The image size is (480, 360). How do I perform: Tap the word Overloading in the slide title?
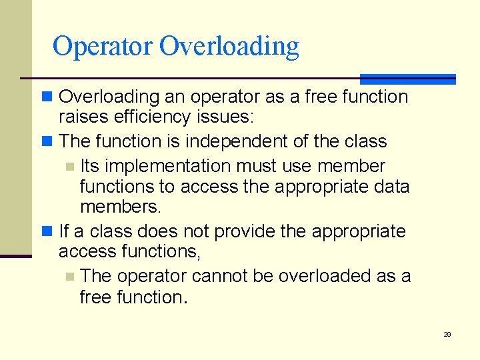[x=229, y=47]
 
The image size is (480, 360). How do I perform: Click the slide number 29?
[x=447, y=334]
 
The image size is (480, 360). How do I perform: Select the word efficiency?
[x=147, y=117]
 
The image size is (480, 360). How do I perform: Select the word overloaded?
[x=325, y=276]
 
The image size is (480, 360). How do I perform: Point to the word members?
[x=120, y=207]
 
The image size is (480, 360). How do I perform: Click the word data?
[x=390, y=187]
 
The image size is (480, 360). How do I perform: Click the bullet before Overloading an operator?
[x=47, y=97]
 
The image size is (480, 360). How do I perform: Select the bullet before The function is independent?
[x=47, y=142]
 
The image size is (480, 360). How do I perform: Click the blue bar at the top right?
[x=407, y=79]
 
